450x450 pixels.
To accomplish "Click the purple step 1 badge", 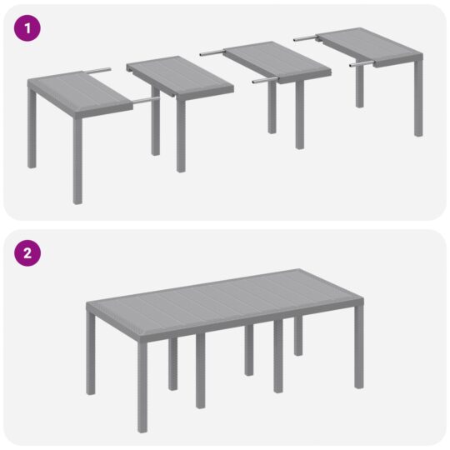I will [x=29, y=27].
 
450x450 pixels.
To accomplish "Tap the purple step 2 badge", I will [x=29, y=253].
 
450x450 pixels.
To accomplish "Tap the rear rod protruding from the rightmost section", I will [x=305, y=37].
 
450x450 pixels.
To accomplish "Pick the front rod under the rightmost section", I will [x=361, y=63].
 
